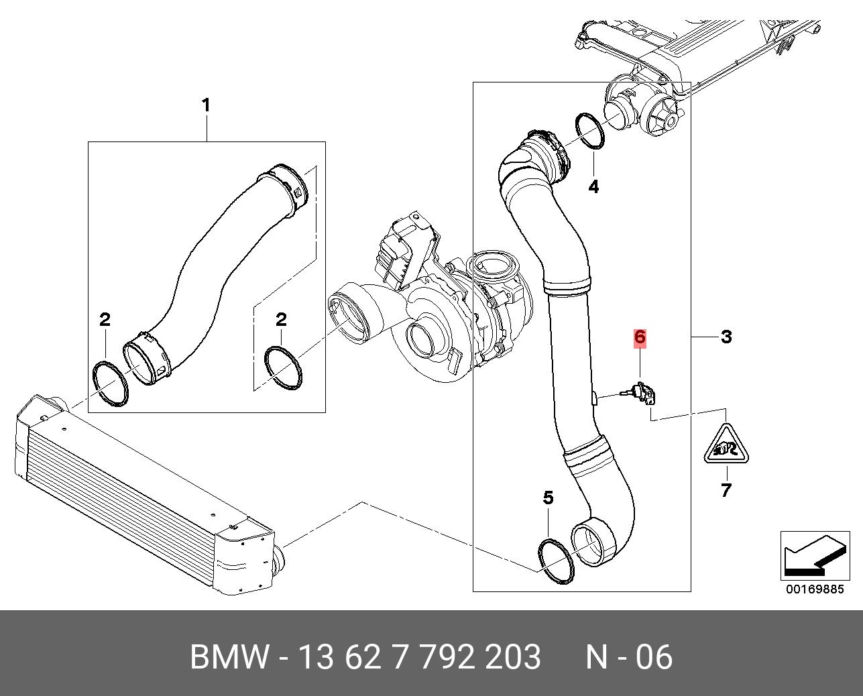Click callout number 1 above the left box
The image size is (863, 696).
coord(206,105)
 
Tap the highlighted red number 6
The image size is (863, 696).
coord(640,337)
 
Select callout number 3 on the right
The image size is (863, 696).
coord(726,337)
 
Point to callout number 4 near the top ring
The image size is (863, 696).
coord(593,186)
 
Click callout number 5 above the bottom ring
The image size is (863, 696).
coord(548,498)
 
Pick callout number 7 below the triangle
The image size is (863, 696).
coord(726,491)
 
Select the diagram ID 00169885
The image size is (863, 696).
coord(814,590)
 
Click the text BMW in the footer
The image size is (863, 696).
coord(229,657)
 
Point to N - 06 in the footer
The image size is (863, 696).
coord(628,657)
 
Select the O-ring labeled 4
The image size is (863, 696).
coord(590,131)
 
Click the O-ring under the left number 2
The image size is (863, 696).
coord(110,383)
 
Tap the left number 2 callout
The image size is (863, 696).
coord(105,320)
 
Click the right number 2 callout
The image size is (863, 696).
coord(282,320)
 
